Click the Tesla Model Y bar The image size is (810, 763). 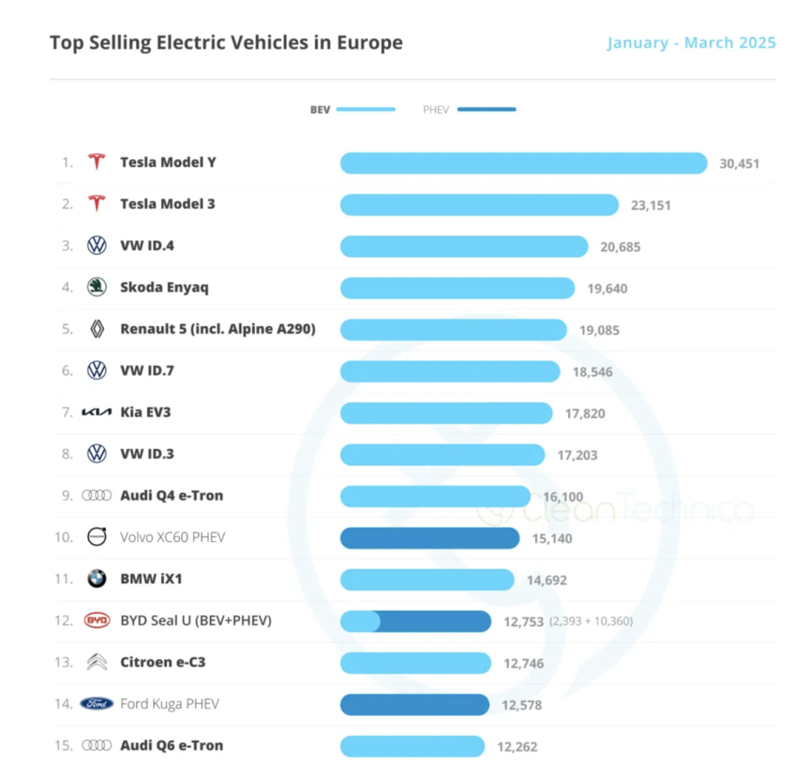523,163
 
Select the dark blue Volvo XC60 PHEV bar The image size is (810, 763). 430,537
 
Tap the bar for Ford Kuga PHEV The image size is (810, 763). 415,705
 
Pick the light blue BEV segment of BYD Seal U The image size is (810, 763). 360,621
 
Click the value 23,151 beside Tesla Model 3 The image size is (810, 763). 650,205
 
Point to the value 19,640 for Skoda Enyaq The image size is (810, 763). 607,289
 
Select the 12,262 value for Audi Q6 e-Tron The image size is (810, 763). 517,747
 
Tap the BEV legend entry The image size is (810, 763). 352,109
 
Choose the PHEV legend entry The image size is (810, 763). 469,109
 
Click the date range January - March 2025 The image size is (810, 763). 691,42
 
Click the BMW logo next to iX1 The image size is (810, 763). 97,579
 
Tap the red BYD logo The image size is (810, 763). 97,621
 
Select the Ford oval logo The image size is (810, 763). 97,704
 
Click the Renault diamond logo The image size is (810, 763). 97,329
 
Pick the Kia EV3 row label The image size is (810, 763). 145,412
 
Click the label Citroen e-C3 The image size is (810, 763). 162,663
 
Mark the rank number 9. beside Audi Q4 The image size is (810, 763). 67,495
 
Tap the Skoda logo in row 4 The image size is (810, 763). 97,287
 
